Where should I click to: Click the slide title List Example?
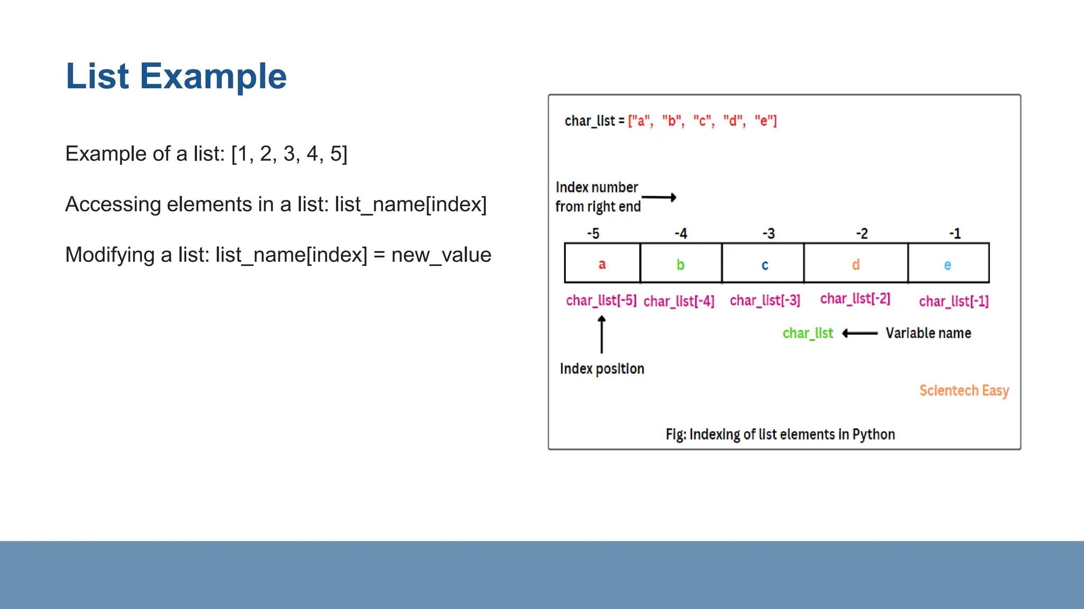tap(176, 76)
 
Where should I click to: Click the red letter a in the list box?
tap(602, 264)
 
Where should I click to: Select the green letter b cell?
tap(680, 264)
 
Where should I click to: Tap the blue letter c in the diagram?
tap(764, 265)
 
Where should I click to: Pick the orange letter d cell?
tap(855, 264)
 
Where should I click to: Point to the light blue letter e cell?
tap(947, 265)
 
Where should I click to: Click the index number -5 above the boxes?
tap(593, 234)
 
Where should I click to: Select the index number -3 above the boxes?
tap(769, 234)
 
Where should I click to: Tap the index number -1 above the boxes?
tap(955, 234)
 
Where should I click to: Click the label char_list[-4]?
tap(679, 301)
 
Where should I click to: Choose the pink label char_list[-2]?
tap(855, 299)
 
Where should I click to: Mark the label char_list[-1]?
tap(953, 301)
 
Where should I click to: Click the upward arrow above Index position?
tap(602, 334)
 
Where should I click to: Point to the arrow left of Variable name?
tap(860, 333)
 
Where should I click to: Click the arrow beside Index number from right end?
tap(659, 198)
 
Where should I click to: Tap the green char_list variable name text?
tap(808, 333)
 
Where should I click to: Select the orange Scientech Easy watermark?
tap(964, 391)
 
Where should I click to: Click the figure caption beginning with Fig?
tap(780, 435)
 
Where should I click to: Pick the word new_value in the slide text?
tap(441, 255)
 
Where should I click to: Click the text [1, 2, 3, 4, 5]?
tap(289, 154)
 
